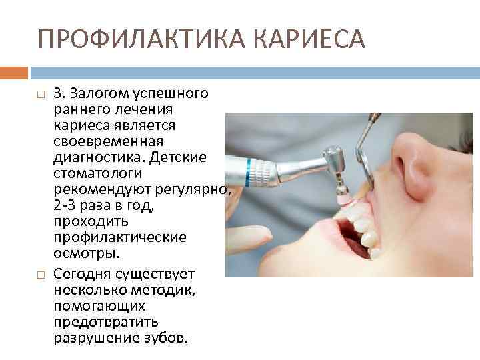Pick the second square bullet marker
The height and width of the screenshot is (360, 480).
[x=41, y=273]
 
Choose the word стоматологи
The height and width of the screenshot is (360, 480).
[x=96, y=174]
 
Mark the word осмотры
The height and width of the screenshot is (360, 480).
[x=87, y=255]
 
